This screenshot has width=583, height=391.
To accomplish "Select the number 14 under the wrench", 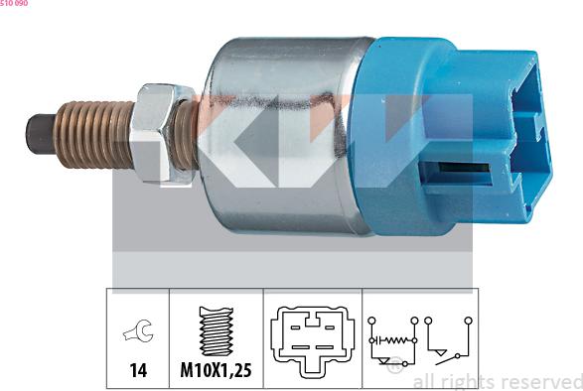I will tap(137, 370).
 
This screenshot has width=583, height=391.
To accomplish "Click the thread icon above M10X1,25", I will tap(215, 327).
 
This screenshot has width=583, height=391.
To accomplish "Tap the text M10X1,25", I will tap(215, 370).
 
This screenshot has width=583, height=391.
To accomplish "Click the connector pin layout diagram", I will tap(311, 337).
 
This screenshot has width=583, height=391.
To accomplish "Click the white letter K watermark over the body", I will tap(238, 139).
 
